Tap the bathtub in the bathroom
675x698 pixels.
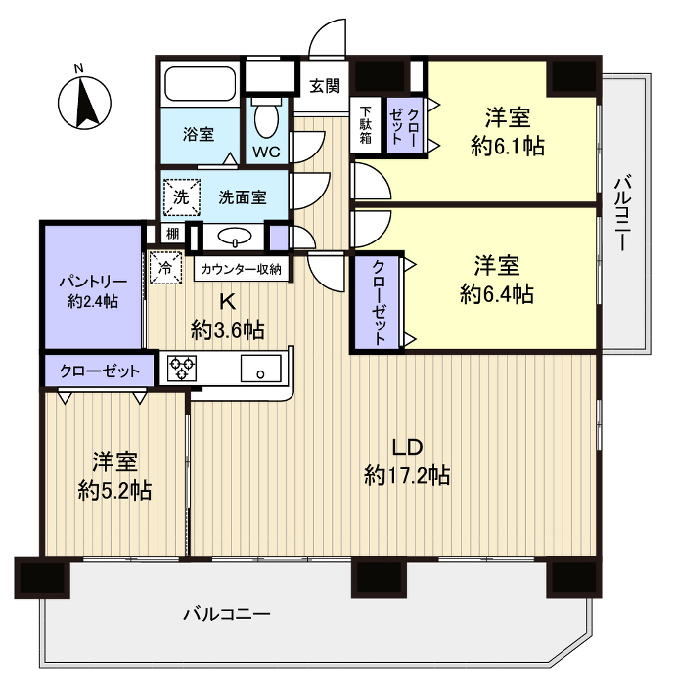click(199, 83)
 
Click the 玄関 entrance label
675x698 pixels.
click(325, 85)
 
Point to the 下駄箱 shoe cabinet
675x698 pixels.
click(365, 124)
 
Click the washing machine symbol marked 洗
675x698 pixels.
click(180, 196)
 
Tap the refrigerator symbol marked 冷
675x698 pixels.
click(165, 266)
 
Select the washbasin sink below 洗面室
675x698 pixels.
click(234, 237)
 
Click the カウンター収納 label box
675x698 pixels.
click(242, 268)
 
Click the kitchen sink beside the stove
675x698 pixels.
click(260, 370)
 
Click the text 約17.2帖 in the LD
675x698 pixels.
click(407, 476)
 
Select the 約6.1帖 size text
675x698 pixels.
click(507, 147)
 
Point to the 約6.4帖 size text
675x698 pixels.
click(497, 292)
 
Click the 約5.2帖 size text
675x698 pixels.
click(114, 490)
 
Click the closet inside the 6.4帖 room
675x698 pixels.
click(379, 302)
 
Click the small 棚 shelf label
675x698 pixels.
click(172, 234)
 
